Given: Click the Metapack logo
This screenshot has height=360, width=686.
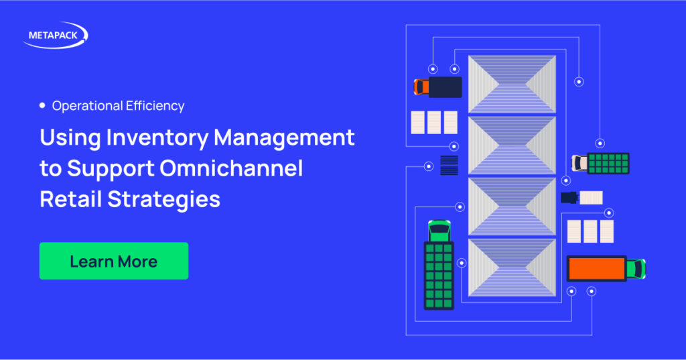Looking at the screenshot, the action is pos(56,35).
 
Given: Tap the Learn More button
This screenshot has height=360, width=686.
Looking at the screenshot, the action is pos(114,261).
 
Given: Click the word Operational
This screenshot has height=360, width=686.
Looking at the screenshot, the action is pos(87,106).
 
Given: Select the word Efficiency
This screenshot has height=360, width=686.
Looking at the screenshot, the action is pos(155,106).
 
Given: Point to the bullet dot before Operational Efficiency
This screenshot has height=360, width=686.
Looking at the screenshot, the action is pos(42,105).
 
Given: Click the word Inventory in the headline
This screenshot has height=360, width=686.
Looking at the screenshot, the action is pos(157,138).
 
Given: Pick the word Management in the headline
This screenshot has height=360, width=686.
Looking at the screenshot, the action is pos(284,138).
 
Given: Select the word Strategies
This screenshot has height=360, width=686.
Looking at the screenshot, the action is pos(163,200).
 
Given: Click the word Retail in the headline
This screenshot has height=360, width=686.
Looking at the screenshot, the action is pos(71,199).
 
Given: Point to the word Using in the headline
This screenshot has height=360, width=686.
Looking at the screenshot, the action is pos(70,138).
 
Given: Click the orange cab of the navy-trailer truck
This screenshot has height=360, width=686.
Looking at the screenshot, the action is pos(421,86).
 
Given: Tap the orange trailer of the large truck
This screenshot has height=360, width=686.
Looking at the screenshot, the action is pos(596,268).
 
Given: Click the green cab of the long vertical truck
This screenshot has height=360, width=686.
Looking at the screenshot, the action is pos(439,231).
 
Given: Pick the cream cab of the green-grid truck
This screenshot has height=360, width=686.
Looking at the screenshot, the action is pos(579,163).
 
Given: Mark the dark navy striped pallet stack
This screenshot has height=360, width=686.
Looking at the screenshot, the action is pos(449,165).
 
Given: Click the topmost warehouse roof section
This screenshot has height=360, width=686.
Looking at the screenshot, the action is pos(512,84).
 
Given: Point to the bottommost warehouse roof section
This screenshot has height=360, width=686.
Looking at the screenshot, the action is pos(512,267).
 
